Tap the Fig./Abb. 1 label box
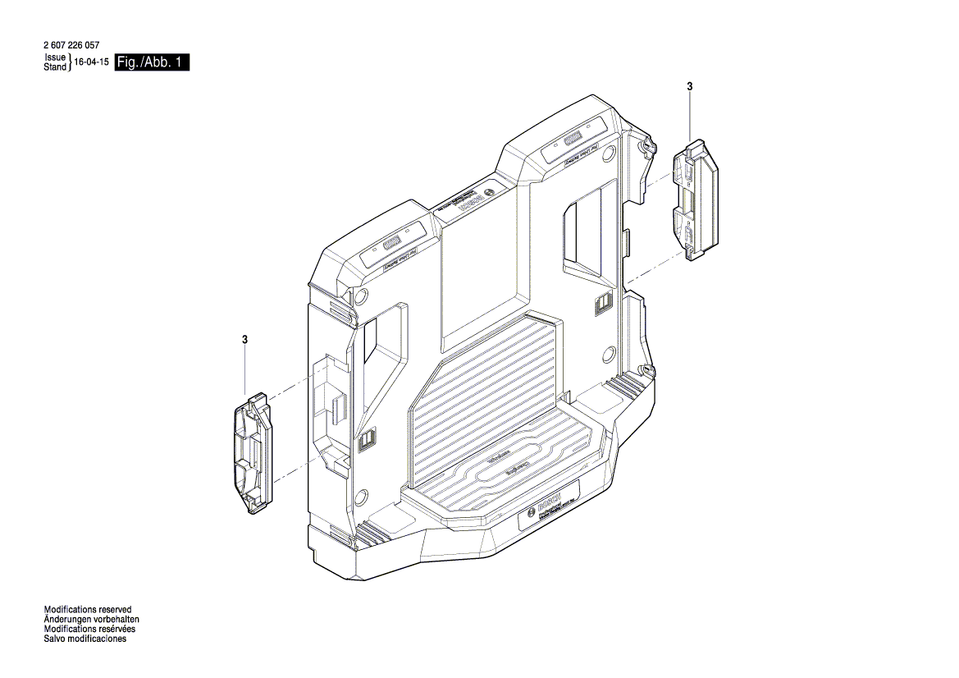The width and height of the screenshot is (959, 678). (153, 62)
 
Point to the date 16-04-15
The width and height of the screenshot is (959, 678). (92, 62)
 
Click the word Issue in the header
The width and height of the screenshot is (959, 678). (55, 58)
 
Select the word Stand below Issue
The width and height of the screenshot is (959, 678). (55, 66)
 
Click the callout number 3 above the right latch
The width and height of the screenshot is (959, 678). (690, 86)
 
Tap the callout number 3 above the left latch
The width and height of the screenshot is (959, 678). (244, 339)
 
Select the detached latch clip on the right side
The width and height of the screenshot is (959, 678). (695, 200)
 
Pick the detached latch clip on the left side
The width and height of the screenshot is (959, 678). (252, 454)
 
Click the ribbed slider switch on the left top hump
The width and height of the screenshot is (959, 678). (390, 243)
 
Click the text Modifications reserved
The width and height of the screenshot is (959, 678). (87, 610)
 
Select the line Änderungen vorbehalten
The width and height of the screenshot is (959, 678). (91, 620)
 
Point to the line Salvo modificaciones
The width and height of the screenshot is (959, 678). (84, 639)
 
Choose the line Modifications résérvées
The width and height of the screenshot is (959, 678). (89, 630)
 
